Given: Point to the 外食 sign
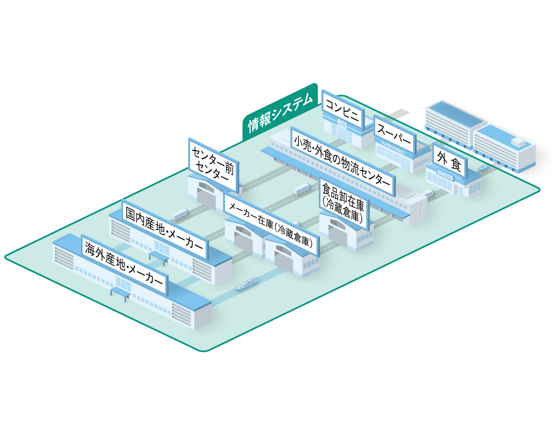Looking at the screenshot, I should (x=449, y=161).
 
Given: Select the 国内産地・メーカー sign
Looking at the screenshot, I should (x=164, y=228).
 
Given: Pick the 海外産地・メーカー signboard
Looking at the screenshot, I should (x=124, y=264).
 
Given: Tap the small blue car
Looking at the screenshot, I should (x=483, y=168).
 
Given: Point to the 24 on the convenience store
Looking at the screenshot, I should (x=341, y=124).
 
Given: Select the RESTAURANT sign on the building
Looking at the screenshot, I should (x=445, y=177).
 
